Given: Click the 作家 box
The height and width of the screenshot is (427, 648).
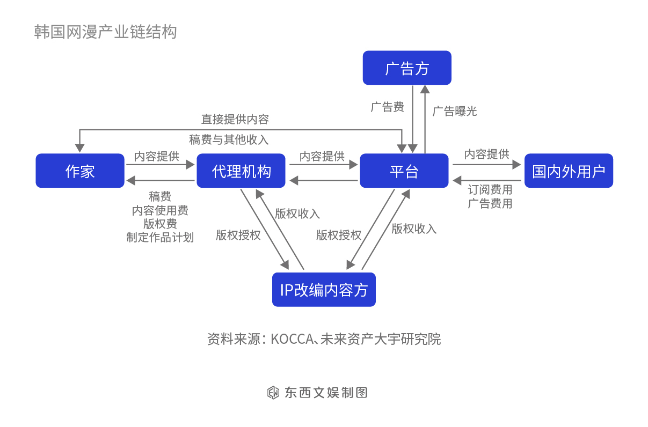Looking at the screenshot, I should point(80,171).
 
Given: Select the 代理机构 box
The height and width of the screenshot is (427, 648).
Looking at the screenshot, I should point(241,171).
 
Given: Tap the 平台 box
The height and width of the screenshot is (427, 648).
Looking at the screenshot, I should point(404,171).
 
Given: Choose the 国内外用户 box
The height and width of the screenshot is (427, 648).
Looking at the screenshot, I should point(569,171).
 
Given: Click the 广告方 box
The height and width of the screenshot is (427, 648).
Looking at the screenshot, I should point(407,68).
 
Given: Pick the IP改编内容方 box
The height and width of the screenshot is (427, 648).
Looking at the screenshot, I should point(324,290).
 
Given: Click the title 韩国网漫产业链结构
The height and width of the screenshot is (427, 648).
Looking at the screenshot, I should point(105,32).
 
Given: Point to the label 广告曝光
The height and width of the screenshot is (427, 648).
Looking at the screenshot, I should point(455,111).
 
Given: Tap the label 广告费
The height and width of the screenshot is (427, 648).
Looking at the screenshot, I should point(387,107).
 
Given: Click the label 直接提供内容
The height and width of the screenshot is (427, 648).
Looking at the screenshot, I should point(235,119).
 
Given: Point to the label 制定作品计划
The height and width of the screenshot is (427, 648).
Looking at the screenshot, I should point(160,237).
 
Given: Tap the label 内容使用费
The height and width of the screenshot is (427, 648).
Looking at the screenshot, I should point(160,210).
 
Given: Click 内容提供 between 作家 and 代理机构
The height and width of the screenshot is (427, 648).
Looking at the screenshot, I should point(157,156).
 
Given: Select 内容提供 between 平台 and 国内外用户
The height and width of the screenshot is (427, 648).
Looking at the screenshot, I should point(486,154).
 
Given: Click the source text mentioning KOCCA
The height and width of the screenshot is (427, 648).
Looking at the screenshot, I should point(324,339).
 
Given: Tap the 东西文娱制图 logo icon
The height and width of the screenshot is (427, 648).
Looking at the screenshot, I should point(273,393).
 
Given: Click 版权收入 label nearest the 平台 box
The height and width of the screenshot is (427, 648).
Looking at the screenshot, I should point(414,229).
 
